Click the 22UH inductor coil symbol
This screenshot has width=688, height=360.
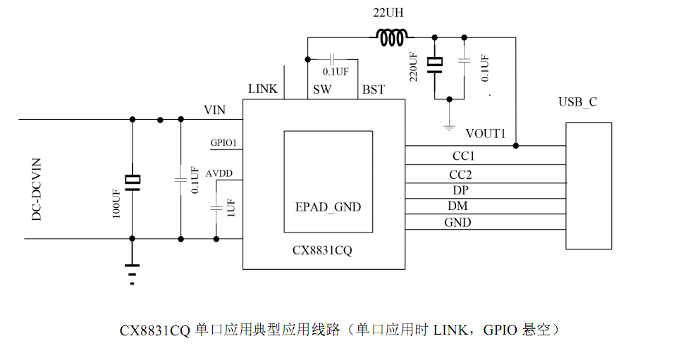click(x=392, y=37)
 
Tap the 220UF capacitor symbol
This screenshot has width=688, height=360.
click(x=435, y=66)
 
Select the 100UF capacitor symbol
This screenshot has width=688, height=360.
click(x=133, y=182)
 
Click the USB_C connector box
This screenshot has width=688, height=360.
click(x=589, y=186)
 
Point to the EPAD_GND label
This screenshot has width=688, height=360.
click(x=328, y=207)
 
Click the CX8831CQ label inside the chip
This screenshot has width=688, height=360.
click(x=322, y=250)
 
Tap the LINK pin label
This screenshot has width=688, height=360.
click(x=263, y=89)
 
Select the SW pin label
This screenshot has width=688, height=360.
click(x=322, y=89)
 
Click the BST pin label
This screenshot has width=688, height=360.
click(x=374, y=89)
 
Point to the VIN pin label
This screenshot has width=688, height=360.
click(x=214, y=110)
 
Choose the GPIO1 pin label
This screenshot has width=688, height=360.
click(x=223, y=142)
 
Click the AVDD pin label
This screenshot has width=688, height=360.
click(x=219, y=173)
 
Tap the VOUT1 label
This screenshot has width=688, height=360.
click(x=486, y=133)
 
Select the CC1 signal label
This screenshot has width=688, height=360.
click(x=463, y=156)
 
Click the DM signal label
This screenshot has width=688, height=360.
click(x=457, y=206)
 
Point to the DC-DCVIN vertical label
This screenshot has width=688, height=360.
click(x=37, y=190)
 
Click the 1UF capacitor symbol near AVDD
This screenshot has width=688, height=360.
click(x=216, y=208)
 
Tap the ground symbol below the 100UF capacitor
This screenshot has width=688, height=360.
click(x=132, y=274)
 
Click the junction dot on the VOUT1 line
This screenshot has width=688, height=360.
click(x=515, y=146)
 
